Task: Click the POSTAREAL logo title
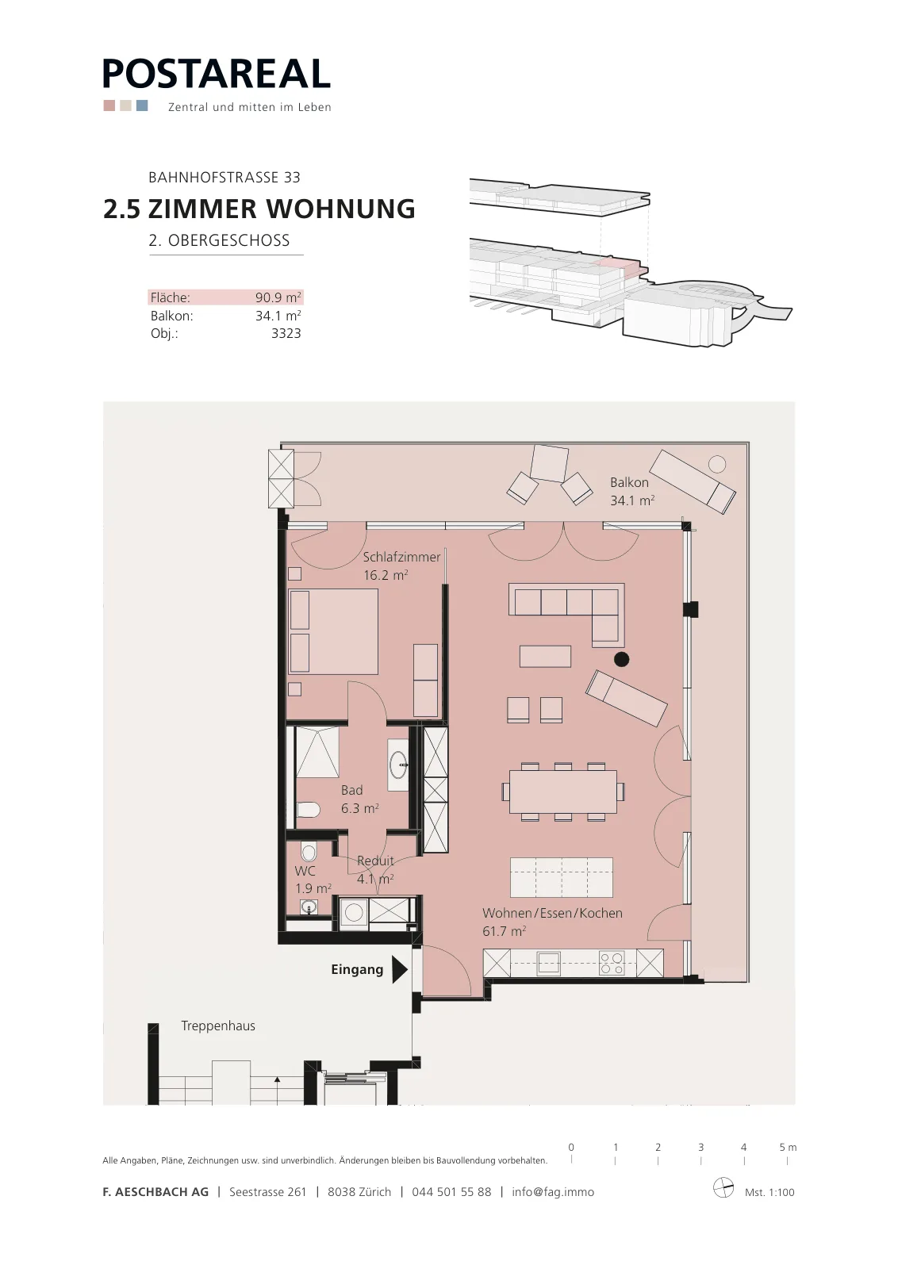pos(217,74)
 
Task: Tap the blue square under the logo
pos(142,105)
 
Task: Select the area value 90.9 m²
pos(278,297)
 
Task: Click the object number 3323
pos(286,333)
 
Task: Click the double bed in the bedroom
pos(333,631)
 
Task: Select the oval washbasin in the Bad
pos(398,765)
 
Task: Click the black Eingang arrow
pos(400,969)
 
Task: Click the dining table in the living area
pos(562,792)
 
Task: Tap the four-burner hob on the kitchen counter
pos(612,964)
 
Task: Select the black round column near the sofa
pos(621,659)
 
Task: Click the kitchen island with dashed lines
pos(562,877)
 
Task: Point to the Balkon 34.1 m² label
pos(632,491)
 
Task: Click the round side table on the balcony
pos(716,465)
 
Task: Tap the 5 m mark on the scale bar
pos(788,1154)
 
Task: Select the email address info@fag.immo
pos(553,1192)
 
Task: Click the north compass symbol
pos(723,1187)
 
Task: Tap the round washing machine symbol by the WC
pos(354,913)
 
